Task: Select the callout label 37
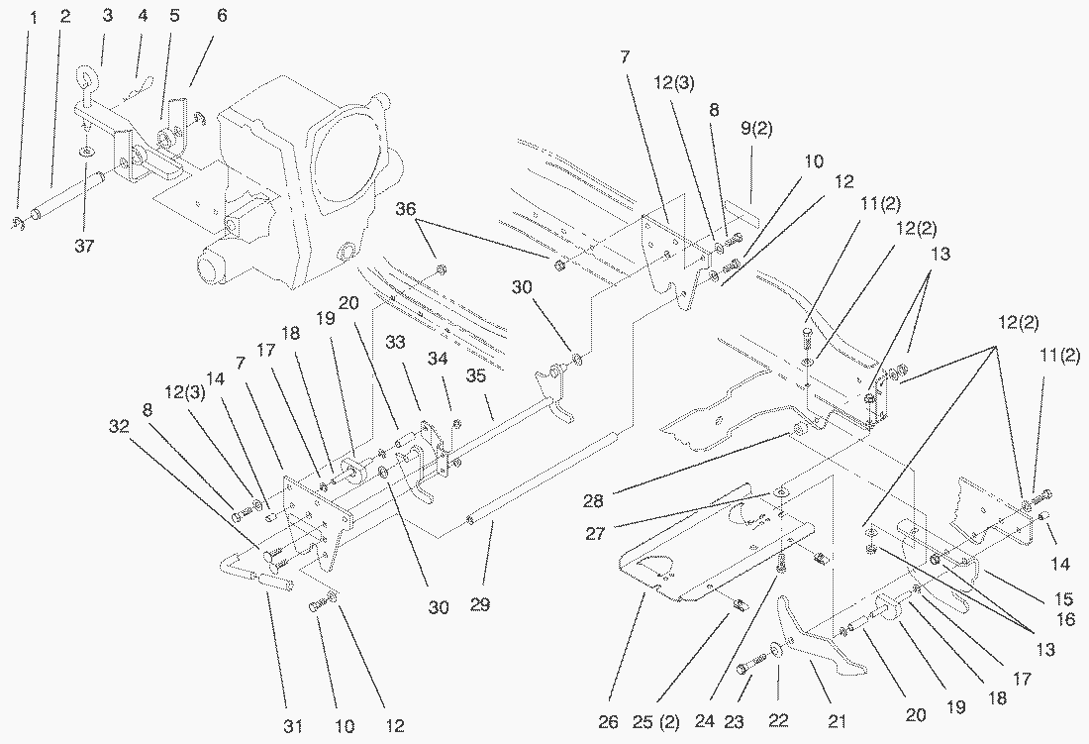point(85,246)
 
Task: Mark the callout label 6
point(221,17)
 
